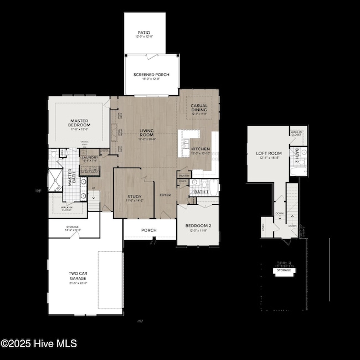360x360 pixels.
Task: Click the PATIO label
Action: tap(143, 33)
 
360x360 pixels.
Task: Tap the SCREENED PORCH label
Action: tap(151, 75)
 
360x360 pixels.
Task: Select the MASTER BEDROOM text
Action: tap(79, 122)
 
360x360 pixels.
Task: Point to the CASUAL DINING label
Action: tap(199, 107)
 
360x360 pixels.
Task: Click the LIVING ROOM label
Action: tap(146, 133)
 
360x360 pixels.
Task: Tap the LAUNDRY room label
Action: tap(90, 158)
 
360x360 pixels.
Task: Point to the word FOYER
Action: tap(166, 195)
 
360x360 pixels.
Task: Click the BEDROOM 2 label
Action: tap(198, 226)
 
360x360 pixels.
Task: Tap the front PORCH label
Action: tap(148, 230)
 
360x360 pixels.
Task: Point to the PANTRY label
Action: tap(183, 176)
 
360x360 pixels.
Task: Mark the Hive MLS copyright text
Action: tap(39, 344)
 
